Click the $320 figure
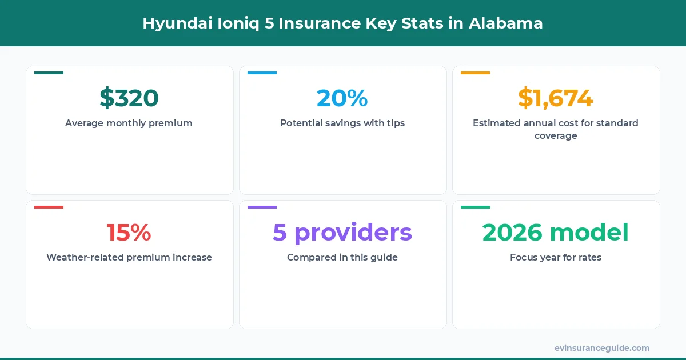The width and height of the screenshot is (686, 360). pyautogui.click(x=129, y=98)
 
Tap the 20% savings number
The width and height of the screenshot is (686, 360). pyautogui.click(x=342, y=98)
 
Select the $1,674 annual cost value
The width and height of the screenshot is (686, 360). pyautogui.click(x=556, y=98)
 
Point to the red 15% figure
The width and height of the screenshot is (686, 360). pyautogui.click(x=129, y=233)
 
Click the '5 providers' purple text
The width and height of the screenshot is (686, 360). pyautogui.click(x=342, y=233)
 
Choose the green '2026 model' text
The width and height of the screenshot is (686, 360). pyautogui.click(x=556, y=233)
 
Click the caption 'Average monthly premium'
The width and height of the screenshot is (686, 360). pyautogui.click(x=129, y=123)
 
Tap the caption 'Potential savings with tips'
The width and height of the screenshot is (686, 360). pyautogui.click(x=342, y=123)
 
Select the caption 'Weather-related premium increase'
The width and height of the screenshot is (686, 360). pyautogui.click(x=129, y=257)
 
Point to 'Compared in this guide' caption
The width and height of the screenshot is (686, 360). pyautogui.click(x=342, y=257)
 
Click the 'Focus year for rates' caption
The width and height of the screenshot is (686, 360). pyautogui.click(x=556, y=257)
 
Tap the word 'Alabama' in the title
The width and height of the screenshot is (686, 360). pyautogui.click(x=506, y=23)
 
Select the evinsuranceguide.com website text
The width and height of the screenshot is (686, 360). pyautogui.click(x=602, y=347)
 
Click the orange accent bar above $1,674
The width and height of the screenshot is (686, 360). pyautogui.click(x=475, y=73)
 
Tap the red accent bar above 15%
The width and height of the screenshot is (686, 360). pyautogui.click(x=49, y=207)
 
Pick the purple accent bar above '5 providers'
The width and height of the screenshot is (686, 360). pyautogui.click(x=262, y=207)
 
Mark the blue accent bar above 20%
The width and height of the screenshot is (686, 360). pyautogui.click(x=262, y=73)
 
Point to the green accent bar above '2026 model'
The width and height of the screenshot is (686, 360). pyautogui.click(x=475, y=207)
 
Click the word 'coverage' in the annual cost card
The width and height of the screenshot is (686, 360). pyautogui.click(x=556, y=136)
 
